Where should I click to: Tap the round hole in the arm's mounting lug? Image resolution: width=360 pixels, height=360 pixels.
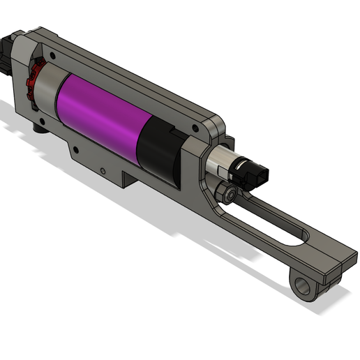(x=301, y=286)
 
